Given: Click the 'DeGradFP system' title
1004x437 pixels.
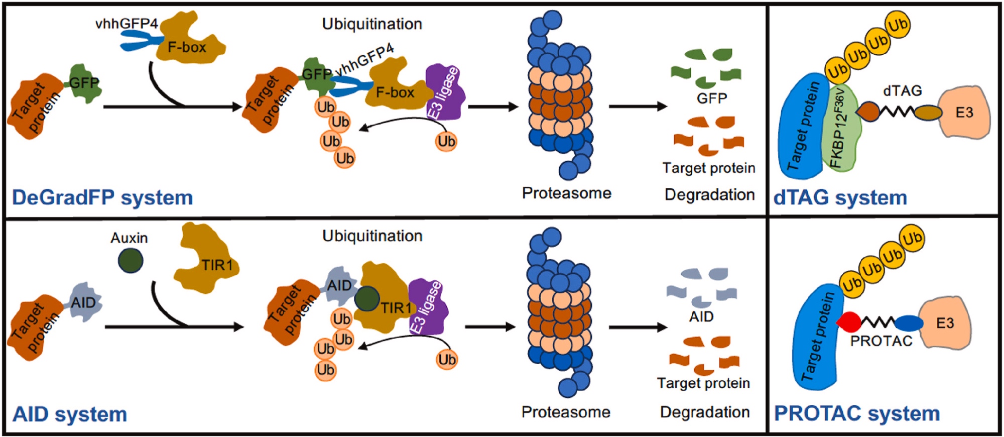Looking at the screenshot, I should pyautogui.click(x=102, y=197).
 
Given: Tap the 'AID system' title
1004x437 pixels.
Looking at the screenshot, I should pyautogui.click(x=70, y=414).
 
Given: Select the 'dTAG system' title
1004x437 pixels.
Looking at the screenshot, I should pyautogui.click(x=840, y=197).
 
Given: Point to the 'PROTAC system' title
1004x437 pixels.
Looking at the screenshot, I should pyautogui.click(x=857, y=413).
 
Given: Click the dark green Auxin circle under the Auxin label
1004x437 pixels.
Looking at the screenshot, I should pyautogui.click(x=131, y=261).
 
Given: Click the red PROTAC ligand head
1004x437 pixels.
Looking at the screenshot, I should pyautogui.click(x=849, y=322).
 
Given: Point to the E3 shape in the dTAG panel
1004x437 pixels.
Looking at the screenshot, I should pyautogui.click(x=963, y=113).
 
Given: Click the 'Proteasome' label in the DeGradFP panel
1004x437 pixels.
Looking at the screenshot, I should pyautogui.click(x=566, y=193).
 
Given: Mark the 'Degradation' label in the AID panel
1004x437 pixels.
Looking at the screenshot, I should pyautogui.click(x=704, y=412).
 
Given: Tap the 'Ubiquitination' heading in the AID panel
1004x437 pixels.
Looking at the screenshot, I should pyautogui.click(x=372, y=236).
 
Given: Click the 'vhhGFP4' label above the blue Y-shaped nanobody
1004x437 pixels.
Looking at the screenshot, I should pyautogui.click(x=127, y=23).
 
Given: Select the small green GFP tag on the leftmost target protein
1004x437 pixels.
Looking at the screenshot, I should pyautogui.click(x=84, y=83).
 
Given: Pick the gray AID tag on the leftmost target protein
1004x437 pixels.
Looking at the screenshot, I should pyautogui.click(x=83, y=302).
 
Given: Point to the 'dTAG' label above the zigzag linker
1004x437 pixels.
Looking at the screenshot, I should pyautogui.click(x=902, y=91).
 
